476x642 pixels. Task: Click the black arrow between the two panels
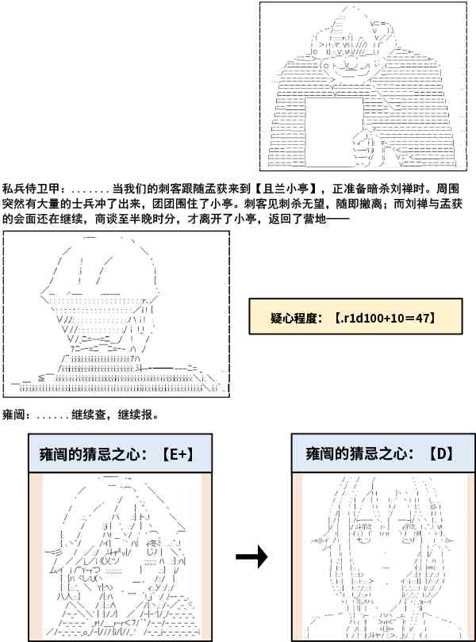(x=252, y=558)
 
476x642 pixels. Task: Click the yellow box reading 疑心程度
(x=344, y=318)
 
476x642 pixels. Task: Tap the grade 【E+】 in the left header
(x=175, y=455)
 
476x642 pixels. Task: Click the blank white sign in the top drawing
(x=332, y=128)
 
